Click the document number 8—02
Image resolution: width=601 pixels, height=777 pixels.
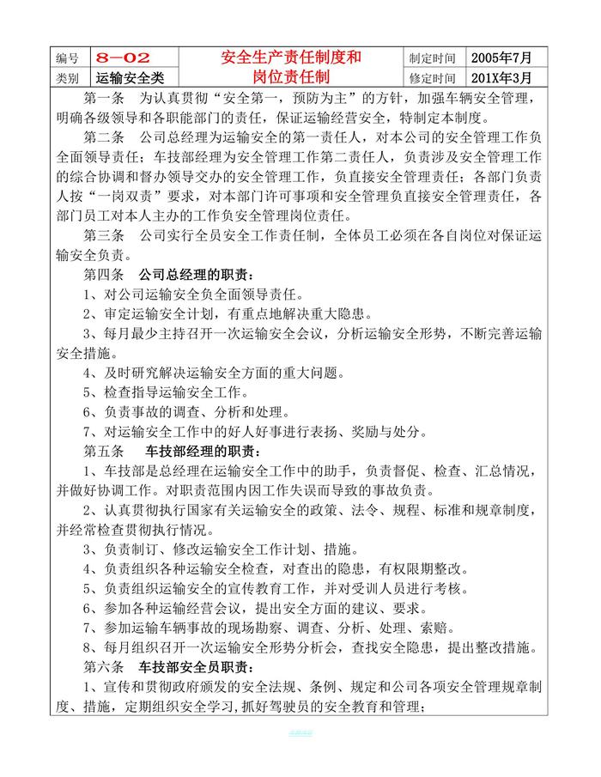pyautogui.click(x=123, y=58)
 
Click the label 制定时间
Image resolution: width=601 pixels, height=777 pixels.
pyautogui.click(x=432, y=58)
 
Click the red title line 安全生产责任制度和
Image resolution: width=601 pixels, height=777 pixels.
pyautogui.click(x=290, y=58)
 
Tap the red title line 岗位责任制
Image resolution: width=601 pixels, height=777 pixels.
pyautogui.click(x=290, y=76)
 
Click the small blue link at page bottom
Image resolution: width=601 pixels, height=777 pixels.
pyautogui.click(x=300, y=733)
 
